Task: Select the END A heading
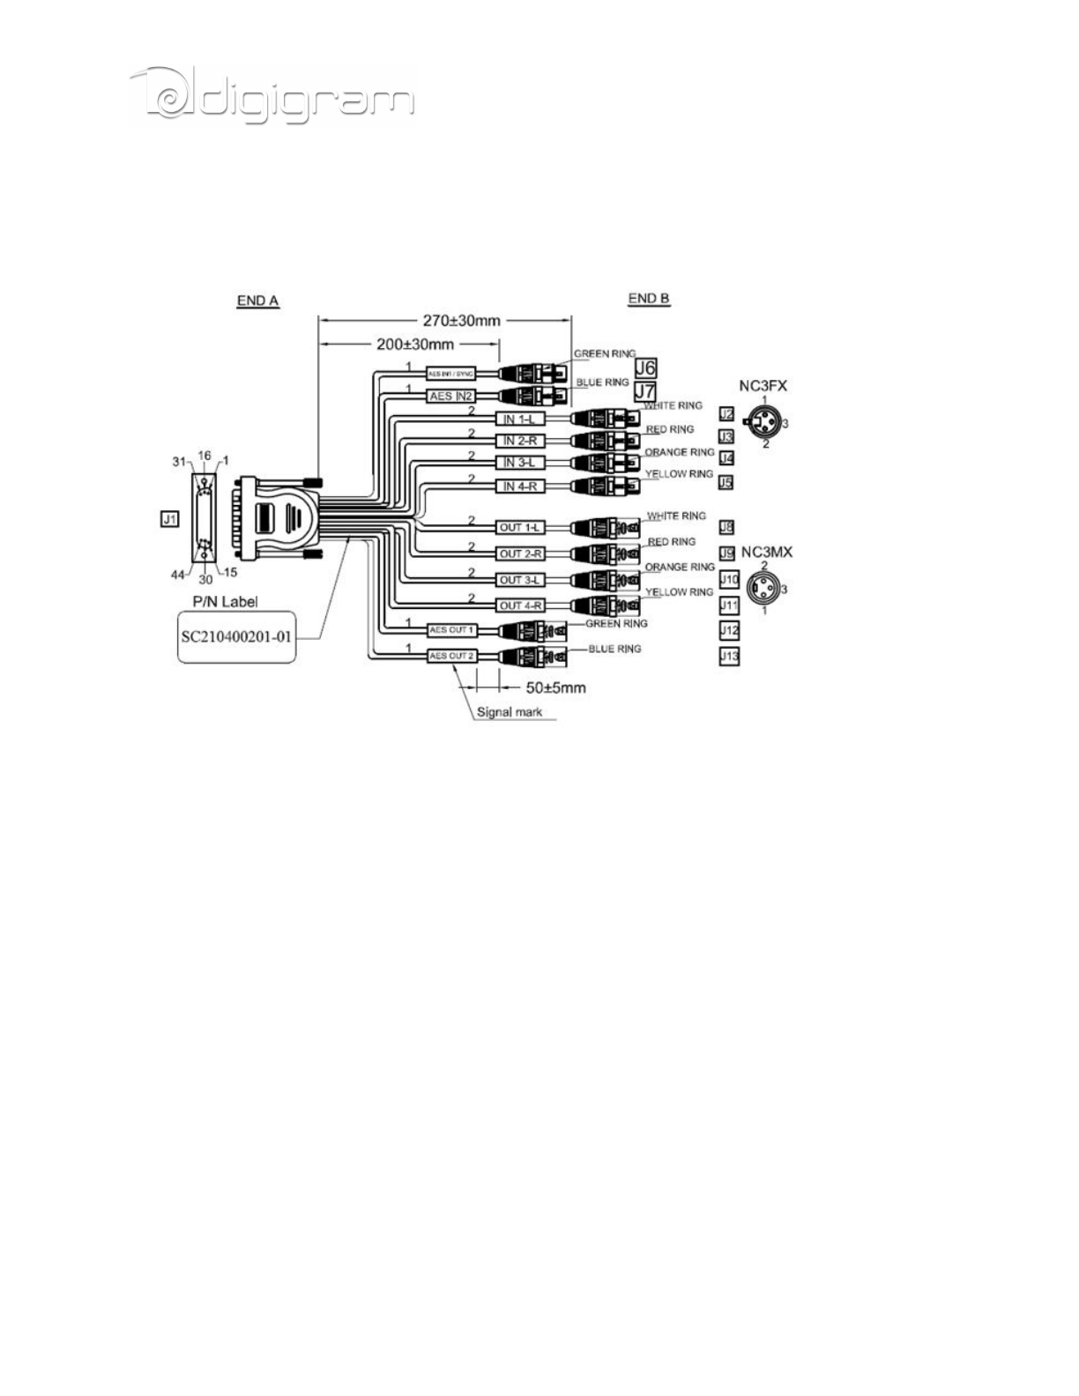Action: click(257, 301)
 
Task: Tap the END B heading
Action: click(649, 298)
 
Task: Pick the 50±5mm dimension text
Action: click(556, 687)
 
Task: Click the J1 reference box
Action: click(169, 519)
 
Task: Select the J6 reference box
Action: click(645, 367)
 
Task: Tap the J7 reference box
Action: click(645, 390)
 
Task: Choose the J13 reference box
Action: click(729, 656)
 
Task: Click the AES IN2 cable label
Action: click(451, 397)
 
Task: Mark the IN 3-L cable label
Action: click(520, 463)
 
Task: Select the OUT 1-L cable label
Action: click(520, 527)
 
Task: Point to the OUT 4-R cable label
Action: click(520, 605)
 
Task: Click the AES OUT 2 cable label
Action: click(451, 656)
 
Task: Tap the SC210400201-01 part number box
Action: click(236, 635)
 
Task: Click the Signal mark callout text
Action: click(510, 711)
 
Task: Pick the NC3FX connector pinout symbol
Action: click(764, 424)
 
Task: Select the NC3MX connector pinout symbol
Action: click(763, 588)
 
